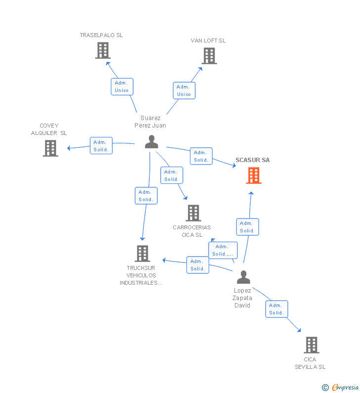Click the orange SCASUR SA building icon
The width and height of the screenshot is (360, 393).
pos(254,175)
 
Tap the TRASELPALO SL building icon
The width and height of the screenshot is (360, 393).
pos(103,50)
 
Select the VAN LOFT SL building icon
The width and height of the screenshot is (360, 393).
pos(209,56)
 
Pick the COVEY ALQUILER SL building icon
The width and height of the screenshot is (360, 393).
pos(50,148)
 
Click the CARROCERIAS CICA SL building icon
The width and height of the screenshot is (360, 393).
pos(193,213)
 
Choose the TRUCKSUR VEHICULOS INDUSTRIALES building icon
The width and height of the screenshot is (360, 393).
pos(142,254)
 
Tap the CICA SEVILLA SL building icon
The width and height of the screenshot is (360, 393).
pos(312,345)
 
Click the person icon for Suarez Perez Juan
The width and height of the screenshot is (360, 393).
pos(151,142)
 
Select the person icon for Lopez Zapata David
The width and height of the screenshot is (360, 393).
pos(243,277)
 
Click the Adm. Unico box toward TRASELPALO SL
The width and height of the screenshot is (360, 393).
pos(122,87)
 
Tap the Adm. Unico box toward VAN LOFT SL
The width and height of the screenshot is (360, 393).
pos(184,91)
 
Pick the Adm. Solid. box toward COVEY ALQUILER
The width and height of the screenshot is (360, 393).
pos(101,146)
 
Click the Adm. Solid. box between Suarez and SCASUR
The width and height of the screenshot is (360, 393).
pos(201,156)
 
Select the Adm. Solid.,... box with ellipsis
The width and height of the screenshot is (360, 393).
pos(223,250)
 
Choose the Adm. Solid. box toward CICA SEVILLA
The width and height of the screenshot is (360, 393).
pos(277,309)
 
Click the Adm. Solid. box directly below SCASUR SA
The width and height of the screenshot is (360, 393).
pos(247,227)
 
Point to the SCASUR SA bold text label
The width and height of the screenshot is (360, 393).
pos(253,160)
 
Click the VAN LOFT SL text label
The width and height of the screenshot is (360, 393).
pos(208,41)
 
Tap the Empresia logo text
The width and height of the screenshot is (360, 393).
pos(345,387)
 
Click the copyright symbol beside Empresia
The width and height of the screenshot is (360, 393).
pos(325,388)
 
